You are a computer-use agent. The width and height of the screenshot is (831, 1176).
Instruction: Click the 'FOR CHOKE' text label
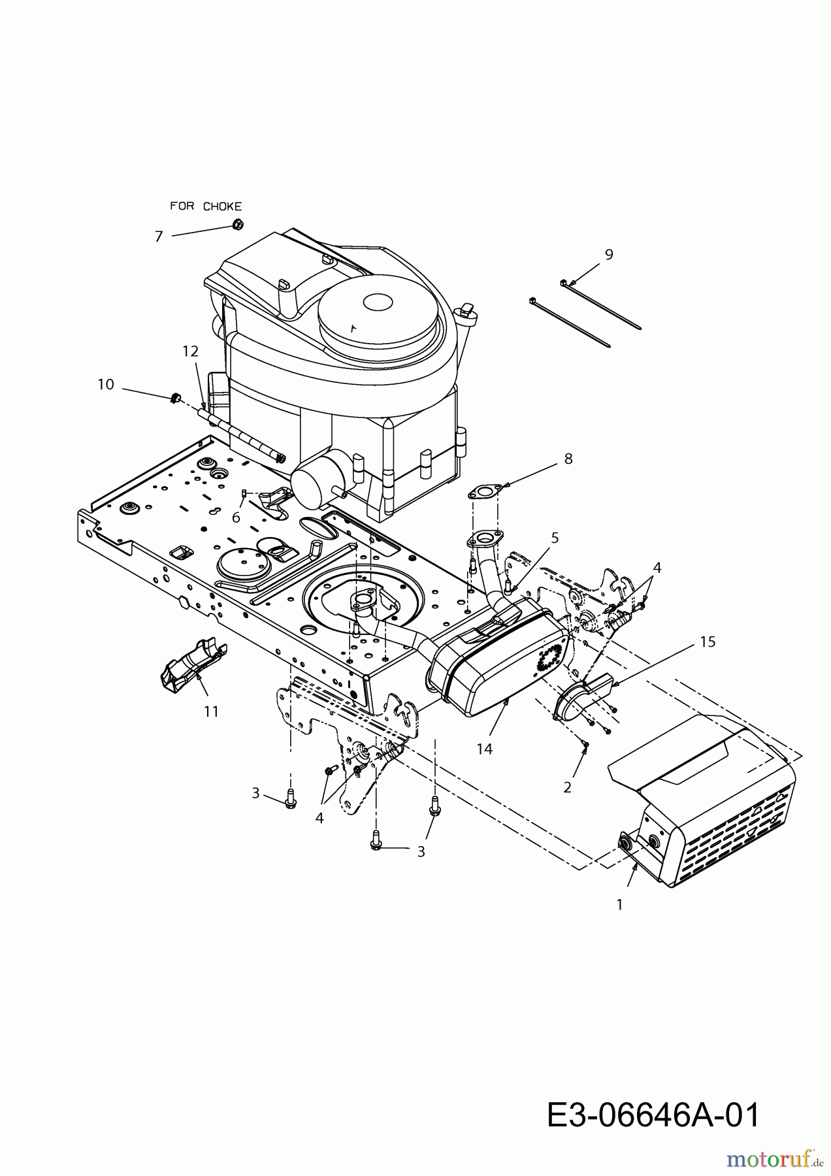click(x=206, y=206)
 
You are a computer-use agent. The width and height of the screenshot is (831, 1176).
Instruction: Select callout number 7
click(x=158, y=237)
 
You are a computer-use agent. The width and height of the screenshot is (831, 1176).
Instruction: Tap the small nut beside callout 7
click(x=238, y=225)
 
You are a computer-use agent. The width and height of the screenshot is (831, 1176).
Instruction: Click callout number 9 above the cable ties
click(x=609, y=255)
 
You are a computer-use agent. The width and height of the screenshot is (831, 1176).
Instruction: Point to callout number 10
click(x=106, y=384)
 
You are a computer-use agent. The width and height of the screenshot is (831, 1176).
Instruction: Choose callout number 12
click(x=190, y=351)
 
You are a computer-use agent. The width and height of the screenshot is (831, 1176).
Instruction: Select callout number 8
click(x=568, y=459)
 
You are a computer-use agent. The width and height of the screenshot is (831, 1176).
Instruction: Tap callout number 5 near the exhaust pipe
click(x=555, y=538)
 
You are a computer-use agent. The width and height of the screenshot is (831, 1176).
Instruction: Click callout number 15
click(x=708, y=642)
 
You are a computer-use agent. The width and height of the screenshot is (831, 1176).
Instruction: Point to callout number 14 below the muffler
click(x=484, y=749)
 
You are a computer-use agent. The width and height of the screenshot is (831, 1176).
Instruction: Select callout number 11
click(x=210, y=711)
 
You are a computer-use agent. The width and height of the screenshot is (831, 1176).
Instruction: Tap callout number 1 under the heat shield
click(x=619, y=905)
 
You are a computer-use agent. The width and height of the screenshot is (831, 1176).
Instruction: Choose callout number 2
click(x=567, y=788)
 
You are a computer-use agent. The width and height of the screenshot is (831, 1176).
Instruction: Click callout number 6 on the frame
click(x=236, y=517)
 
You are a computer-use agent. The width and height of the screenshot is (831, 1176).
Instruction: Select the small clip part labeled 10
click(x=174, y=398)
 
